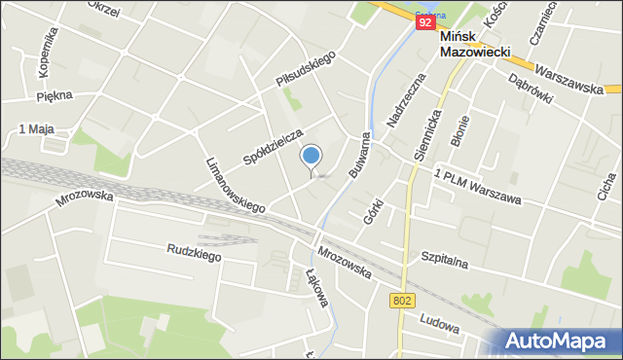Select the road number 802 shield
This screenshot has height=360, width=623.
[x=404, y=302]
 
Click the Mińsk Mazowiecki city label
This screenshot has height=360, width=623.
[x=481, y=45]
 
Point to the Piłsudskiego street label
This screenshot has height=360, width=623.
[x=305, y=70]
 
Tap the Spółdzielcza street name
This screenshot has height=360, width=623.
[x=274, y=147]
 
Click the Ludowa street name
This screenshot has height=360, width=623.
[x=439, y=318]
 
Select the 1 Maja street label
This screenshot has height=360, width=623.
[x=35, y=129]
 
